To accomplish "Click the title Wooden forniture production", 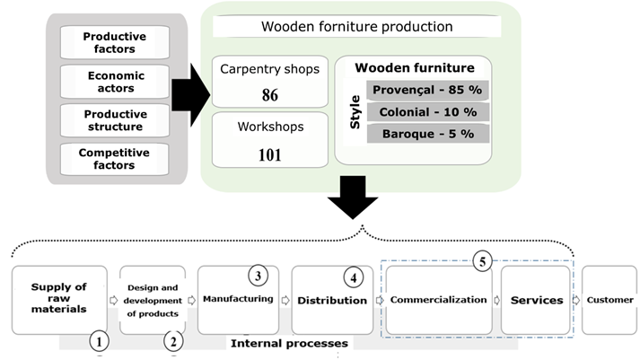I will click(356, 26).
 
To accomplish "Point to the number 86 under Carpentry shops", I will click(269, 94).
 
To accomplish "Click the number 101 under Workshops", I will click(269, 154).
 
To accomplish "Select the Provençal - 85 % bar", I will click(427, 90).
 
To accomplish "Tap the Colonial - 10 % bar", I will click(427, 112).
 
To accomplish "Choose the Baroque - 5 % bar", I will click(427, 134).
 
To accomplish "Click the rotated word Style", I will click(354, 112).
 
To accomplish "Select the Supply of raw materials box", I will click(59, 299).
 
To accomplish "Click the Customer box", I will click(610, 300).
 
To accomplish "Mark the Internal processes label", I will click(289, 342).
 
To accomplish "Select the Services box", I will click(537, 300).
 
